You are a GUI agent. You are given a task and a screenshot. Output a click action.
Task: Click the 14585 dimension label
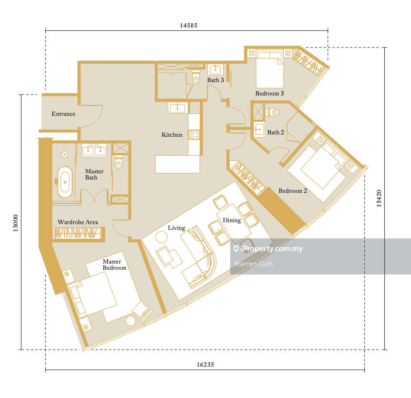[x=188, y=25]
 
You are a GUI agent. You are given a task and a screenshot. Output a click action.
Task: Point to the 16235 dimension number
[x=205, y=364]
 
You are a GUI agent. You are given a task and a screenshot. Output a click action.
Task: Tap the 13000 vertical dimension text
[x=16, y=223]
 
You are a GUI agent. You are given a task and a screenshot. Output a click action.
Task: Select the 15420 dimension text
[x=379, y=199]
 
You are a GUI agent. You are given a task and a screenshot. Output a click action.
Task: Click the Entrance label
[x=63, y=114]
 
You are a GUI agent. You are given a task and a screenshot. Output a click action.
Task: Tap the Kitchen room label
[x=172, y=135]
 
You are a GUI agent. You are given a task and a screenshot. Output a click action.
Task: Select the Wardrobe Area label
[x=78, y=222]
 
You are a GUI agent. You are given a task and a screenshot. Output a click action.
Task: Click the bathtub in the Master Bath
[x=65, y=182]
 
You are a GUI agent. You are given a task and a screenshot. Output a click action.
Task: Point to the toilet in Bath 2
[x=273, y=113]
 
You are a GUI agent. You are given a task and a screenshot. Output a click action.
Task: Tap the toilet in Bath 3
[x=196, y=76]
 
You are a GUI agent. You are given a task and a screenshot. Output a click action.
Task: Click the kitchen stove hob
[x=195, y=135]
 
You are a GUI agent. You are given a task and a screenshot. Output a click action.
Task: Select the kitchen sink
[x=178, y=108]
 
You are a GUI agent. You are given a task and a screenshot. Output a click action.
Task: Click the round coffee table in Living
[x=161, y=237]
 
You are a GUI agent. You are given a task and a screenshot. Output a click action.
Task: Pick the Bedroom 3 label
[x=269, y=94]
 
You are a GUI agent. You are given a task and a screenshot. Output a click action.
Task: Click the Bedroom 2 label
[x=293, y=191]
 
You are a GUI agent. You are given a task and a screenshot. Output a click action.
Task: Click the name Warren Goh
[x=253, y=264]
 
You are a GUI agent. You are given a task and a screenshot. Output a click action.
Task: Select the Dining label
[x=232, y=220]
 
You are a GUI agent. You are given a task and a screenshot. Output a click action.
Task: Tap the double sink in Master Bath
[x=94, y=150]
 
